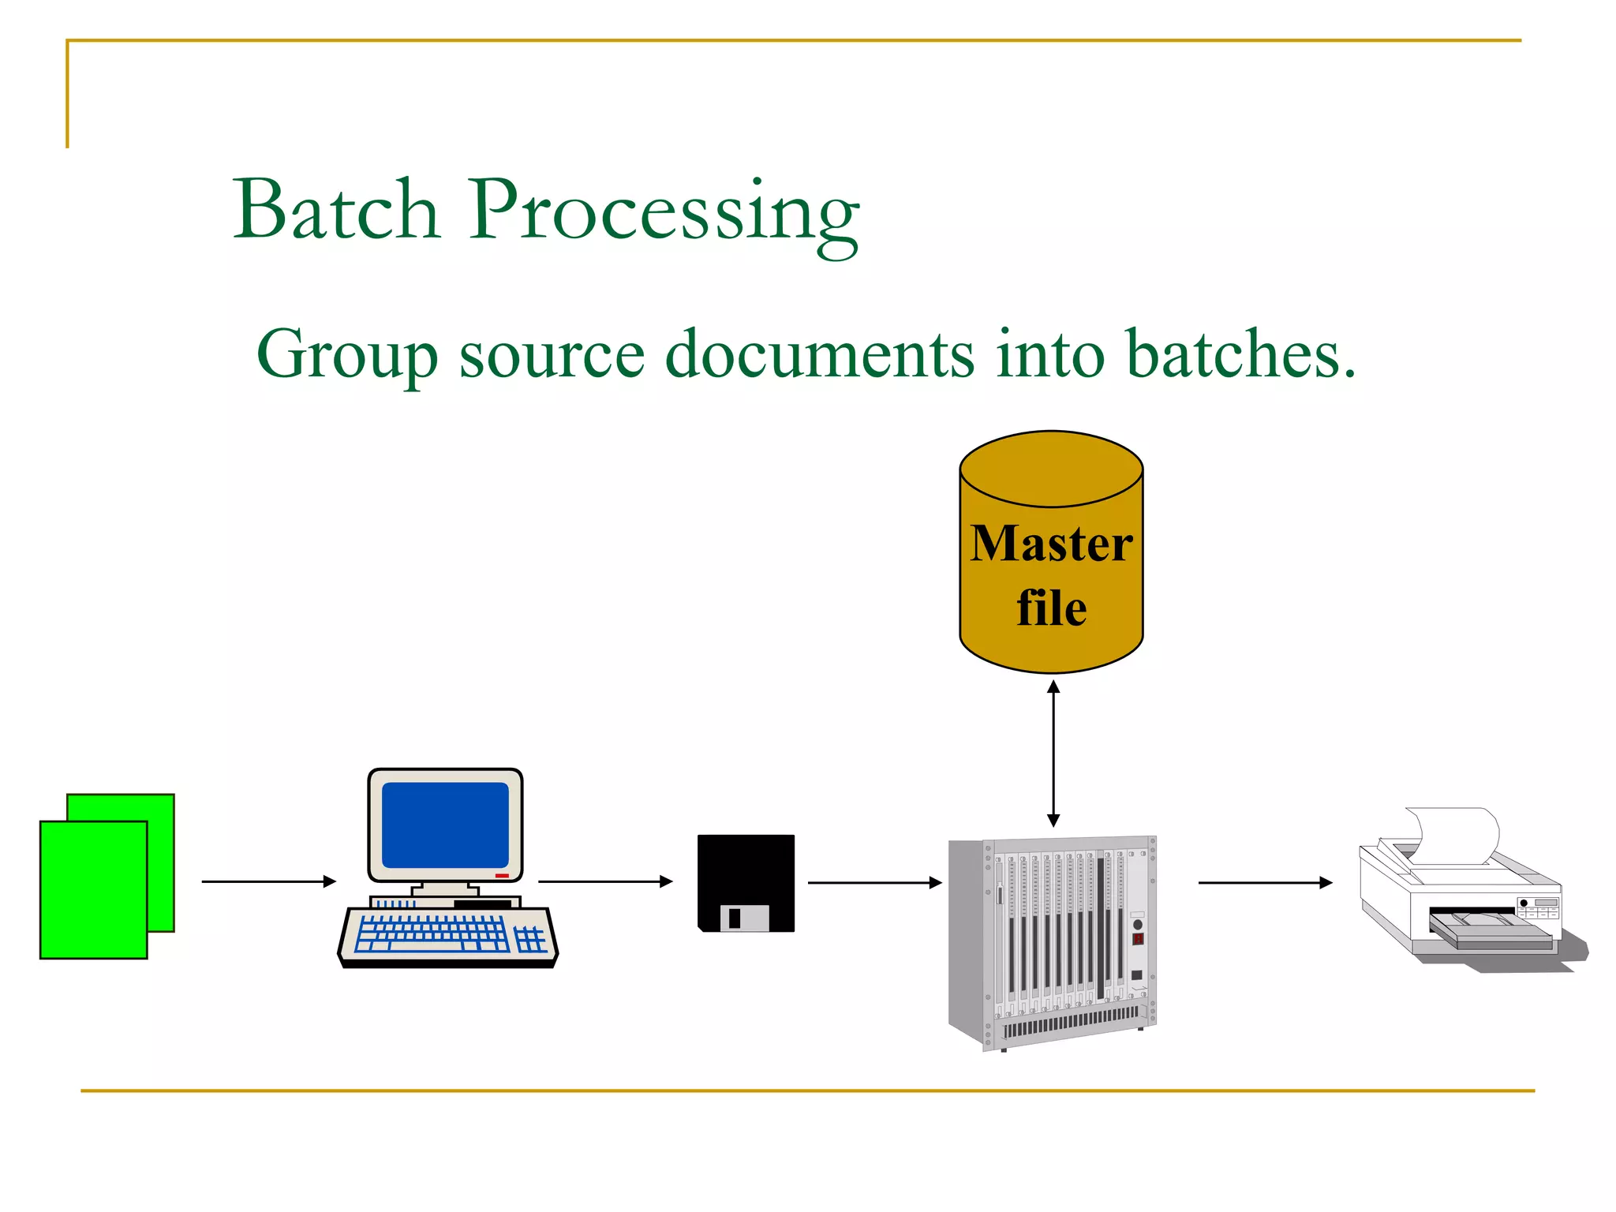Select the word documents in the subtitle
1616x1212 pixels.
[x=819, y=353]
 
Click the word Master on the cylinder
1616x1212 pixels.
[x=1051, y=544]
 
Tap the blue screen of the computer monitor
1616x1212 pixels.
[x=445, y=825]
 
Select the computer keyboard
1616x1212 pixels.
[x=448, y=936]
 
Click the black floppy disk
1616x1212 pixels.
[x=746, y=868]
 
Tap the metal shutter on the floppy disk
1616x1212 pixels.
[x=744, y=918]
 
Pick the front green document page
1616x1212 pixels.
[x=93, y=890]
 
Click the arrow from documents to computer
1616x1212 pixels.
[x=268, y=881]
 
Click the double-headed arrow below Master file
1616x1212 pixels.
[x=1053, y=754]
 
